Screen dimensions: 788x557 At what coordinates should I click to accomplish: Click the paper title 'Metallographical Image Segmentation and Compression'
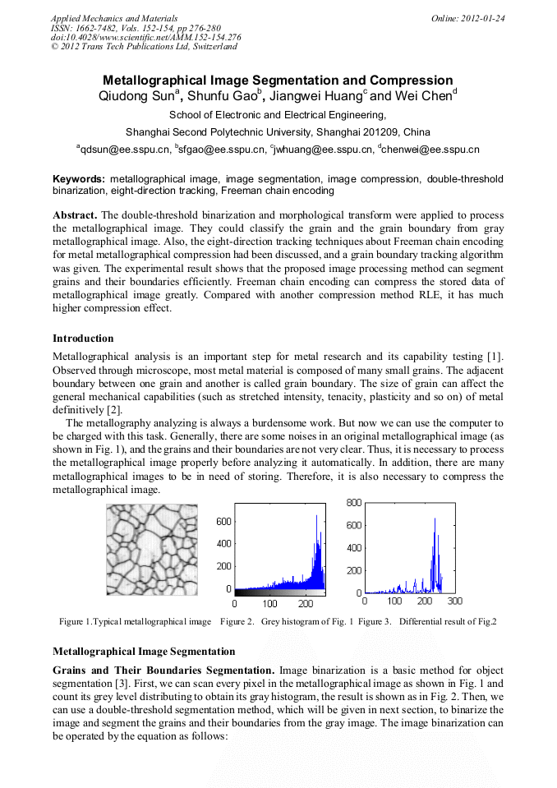pos(278,81)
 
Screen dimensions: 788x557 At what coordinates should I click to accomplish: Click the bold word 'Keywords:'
pos(79,178)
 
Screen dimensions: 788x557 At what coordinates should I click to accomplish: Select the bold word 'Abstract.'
pos(76,214)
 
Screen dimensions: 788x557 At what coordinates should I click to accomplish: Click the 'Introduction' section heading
pos(83,339)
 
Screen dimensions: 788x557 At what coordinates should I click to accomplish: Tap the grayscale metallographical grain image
pos(152,550)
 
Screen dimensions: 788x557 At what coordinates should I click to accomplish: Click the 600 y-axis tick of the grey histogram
pos(223,521)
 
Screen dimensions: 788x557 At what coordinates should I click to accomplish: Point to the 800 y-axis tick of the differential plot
pos(352,501)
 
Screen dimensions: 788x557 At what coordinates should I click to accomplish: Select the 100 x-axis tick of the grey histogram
pos(269,604)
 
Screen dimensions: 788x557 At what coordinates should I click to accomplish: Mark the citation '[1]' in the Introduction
pos(495,356)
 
